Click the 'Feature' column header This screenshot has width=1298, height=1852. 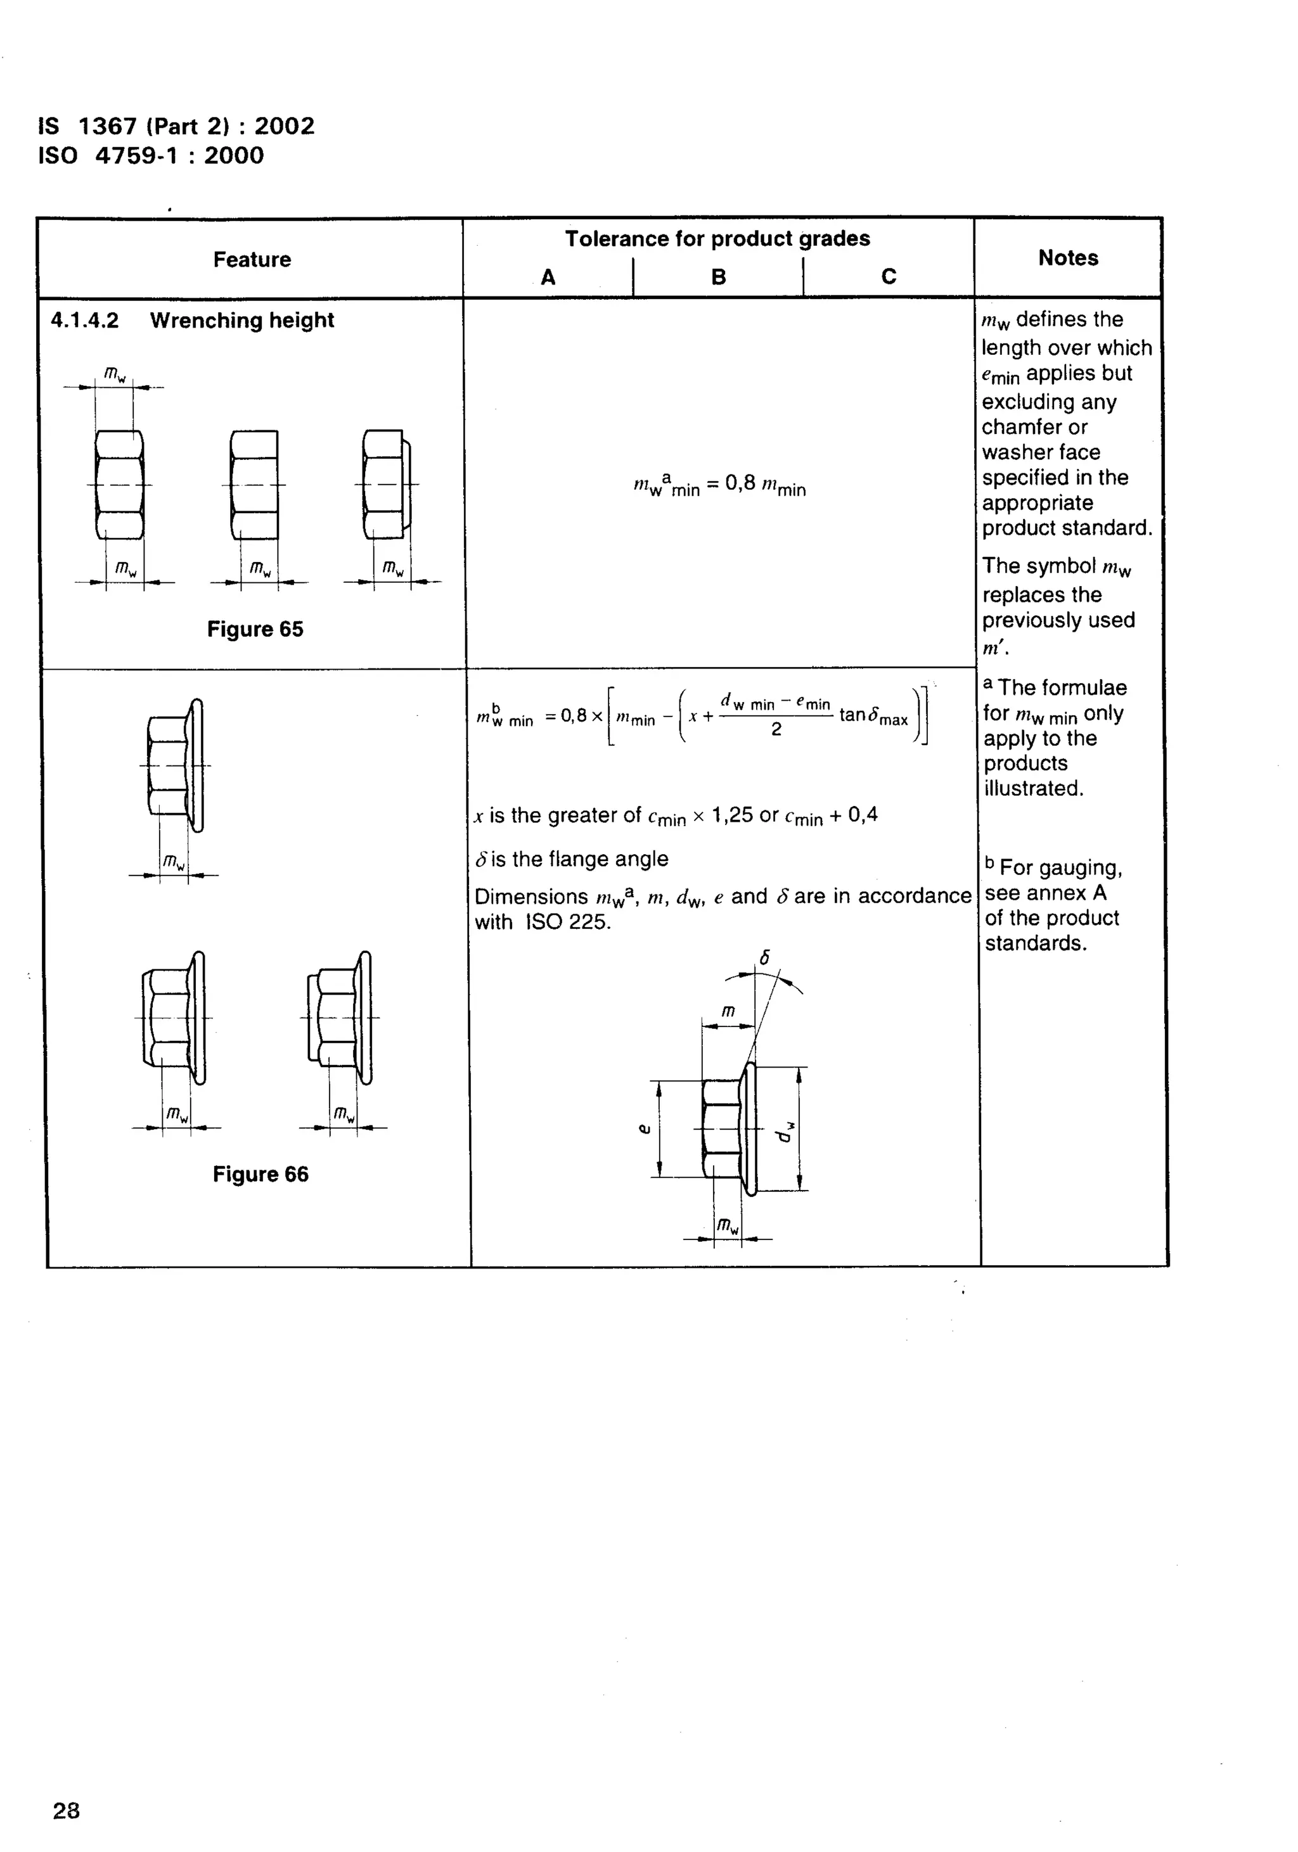click(x=252, y=260)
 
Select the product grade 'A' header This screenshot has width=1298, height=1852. click(x=548, y=278)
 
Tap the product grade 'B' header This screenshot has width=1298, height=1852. click(x=718, y=278)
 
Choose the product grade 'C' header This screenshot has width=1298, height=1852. click(x=888, y=277)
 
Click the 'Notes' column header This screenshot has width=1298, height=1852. click(x=1067, y=258)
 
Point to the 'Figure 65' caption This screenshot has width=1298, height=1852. click(x=255, y=629)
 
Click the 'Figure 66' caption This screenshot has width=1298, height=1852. click(x=260, y=1175)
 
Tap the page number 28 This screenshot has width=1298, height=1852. click(x=66, y=1811)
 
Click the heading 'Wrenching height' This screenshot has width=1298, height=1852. click(x=241, y=320)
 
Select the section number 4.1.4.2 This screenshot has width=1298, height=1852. click(x=85, y=320)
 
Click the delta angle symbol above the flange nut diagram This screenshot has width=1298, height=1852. click(x=765, y=958)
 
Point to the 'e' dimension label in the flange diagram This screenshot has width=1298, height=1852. click(x=643, y=1129)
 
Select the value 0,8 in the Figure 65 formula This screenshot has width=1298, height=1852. click(x=740, y=483)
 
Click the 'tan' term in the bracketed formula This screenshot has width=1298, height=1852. click(x=852, y=715)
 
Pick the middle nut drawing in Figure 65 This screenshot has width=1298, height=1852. click(x=254, y=484)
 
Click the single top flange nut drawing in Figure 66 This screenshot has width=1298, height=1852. click(x=176, y=765)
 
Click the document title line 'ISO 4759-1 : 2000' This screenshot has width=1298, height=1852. click(x=151, y=156)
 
